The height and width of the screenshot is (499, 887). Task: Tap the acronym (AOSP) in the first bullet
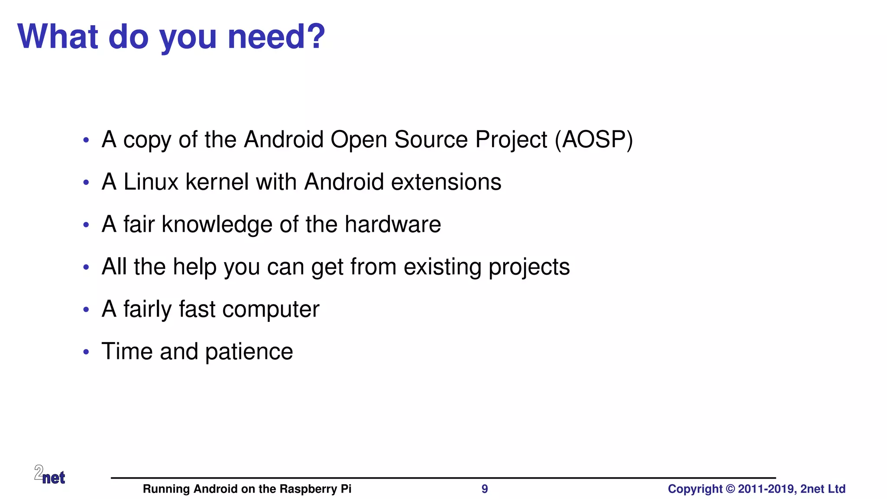pos(594,140)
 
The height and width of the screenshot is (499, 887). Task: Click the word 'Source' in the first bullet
pos(431,140)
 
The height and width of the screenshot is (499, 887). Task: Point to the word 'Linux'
pos(151,182)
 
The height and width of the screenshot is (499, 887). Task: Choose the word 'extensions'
pos(446,182)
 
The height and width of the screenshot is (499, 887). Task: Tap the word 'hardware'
pos(393,224)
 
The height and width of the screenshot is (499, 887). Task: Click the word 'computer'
pos(271,310)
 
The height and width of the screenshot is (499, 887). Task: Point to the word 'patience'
pos(249,352)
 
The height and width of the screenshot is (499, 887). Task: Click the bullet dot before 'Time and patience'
pos(86,352)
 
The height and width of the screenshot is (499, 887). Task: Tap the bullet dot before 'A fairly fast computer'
pos(86,309)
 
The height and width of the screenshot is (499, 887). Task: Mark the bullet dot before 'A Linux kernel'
pos(86,182)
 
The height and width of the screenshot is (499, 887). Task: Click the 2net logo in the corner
pos(50,475)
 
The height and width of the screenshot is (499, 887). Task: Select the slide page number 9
pos(485,489)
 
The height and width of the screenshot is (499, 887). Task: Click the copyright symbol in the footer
pos(730,489)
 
